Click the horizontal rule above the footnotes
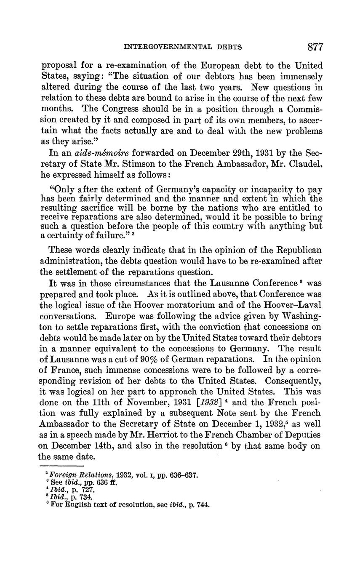coord(62,466)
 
